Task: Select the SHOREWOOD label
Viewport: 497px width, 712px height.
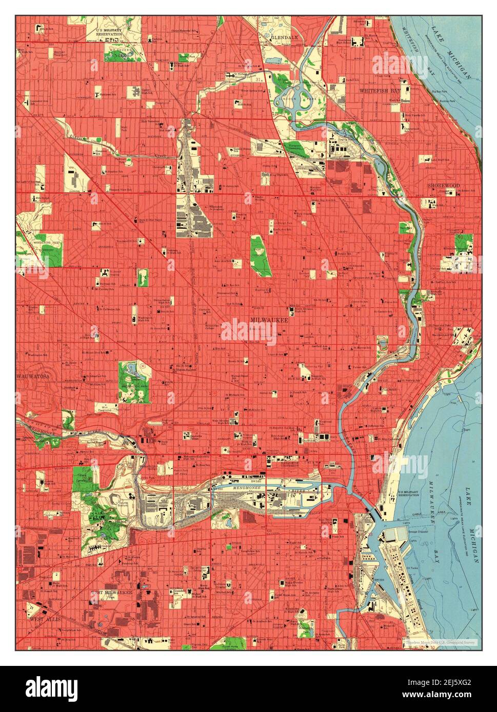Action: point(445,185)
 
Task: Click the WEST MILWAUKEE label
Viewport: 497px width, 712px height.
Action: point(112,593)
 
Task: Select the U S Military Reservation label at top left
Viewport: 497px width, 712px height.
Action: point(109,32)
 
